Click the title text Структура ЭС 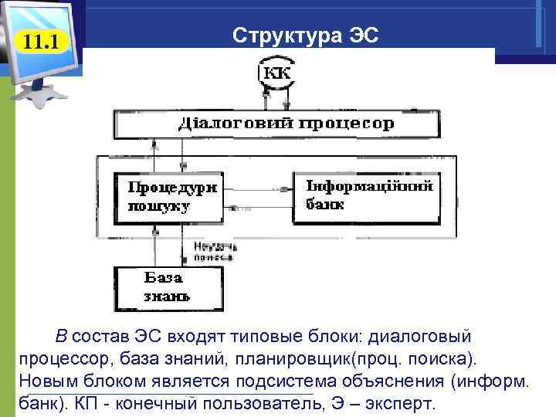click(x=306, y=36)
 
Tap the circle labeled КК click(x=278, y=74)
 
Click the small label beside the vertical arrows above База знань click(x=215, y=250)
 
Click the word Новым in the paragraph click(x=43, y=381)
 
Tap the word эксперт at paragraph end click(x=399, y=404)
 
